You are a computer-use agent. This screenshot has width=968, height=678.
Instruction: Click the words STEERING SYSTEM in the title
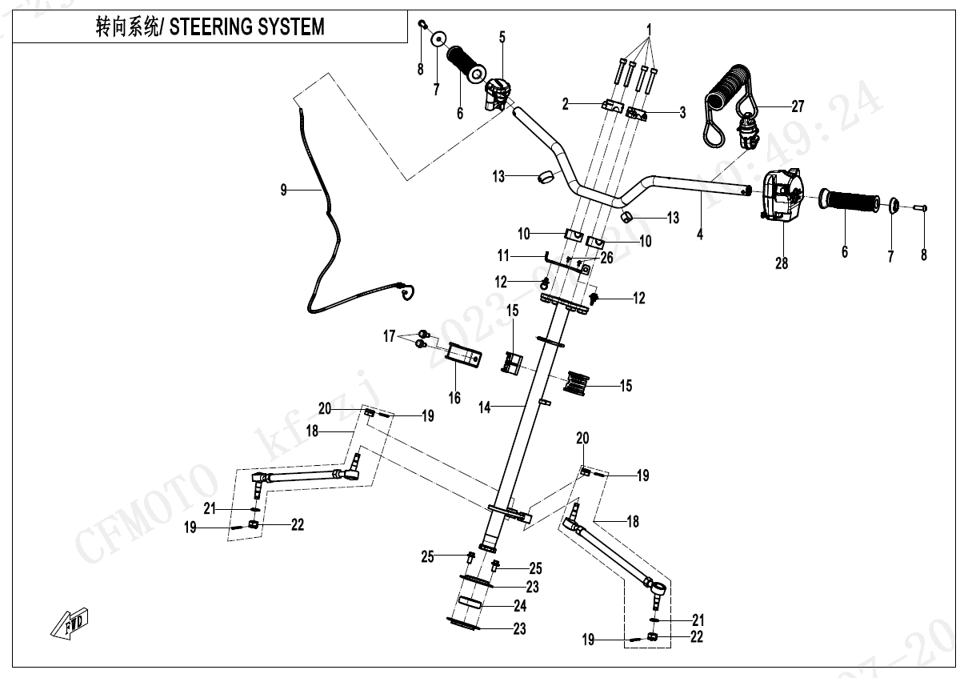tap(247, 26)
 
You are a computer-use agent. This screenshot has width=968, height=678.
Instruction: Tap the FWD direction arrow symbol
tap(70, 623)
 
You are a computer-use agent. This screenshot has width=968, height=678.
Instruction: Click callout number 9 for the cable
tap(283, 190)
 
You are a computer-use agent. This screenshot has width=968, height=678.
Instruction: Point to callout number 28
tap(782, 262)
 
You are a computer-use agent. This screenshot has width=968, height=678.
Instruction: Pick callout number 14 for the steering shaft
tap(485, 407)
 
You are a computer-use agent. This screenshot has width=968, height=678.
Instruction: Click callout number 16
tap(454, 397)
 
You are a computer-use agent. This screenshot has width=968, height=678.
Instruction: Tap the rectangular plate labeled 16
tap(464, 355)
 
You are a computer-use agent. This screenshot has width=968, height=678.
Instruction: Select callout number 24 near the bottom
tap(520, 606)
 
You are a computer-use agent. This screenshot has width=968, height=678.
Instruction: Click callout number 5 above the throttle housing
tap(502, 37)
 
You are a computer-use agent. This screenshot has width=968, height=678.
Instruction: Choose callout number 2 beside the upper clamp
tap(566, 103)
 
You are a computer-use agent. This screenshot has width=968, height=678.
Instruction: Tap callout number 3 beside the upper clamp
tap(682, 113)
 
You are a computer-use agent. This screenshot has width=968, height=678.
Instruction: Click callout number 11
tap(502, 256)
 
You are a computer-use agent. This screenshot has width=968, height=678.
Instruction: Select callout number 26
tap(607, 257)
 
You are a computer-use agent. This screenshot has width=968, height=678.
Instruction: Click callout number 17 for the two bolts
tap(389, 337)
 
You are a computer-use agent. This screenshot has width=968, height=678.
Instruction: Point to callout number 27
tap(798, 106)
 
